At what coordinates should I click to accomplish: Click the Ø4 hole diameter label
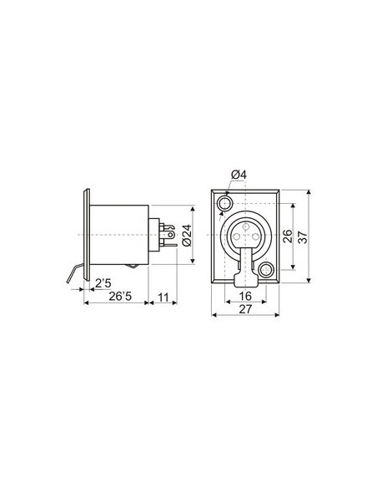[237, 173]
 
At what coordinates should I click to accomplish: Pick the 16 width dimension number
[245, 296]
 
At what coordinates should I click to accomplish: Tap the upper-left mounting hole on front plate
[224, 204]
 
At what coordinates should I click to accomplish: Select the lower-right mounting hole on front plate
[267, 269]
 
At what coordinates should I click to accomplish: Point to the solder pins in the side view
[168, 236]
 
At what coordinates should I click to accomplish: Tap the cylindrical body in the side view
[121, 236]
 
